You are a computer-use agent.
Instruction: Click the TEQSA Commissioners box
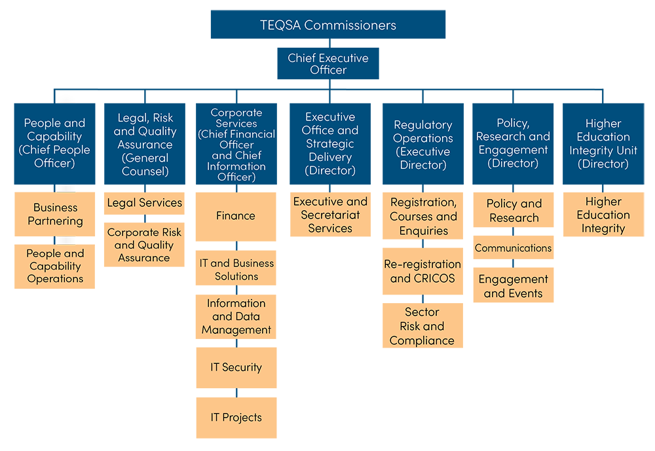[x=327, y=25]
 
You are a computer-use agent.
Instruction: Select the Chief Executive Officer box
[x=327, y=63]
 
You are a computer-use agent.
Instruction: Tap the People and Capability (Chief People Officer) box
[x=54, y=143]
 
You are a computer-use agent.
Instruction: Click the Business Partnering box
[x=54, y=214]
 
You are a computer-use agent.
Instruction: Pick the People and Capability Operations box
[x=54, y=266]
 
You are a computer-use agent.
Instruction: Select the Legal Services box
[x=144, y=204]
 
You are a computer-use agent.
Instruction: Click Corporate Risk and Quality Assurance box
[x=144, y=245]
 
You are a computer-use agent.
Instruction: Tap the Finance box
[x=236, y=216]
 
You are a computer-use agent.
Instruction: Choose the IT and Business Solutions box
[x=236, y=268]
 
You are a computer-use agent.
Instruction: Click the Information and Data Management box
[x=236, y=317]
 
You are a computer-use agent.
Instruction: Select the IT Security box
[x=236, y=367]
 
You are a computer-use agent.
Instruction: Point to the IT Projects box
[x=236, y=418]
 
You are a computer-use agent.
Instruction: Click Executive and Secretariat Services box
[x=330, y=215]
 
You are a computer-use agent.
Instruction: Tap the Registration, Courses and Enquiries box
[x=423, y=216]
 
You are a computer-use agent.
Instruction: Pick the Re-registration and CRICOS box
[x=423, y=272]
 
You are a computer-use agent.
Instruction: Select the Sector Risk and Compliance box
[x=423, y=326]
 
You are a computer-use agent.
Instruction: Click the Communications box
[x=513, y=248]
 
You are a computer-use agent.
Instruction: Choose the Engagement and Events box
[x=513, y=285]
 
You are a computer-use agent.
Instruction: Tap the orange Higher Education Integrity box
[x=603, y=215]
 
